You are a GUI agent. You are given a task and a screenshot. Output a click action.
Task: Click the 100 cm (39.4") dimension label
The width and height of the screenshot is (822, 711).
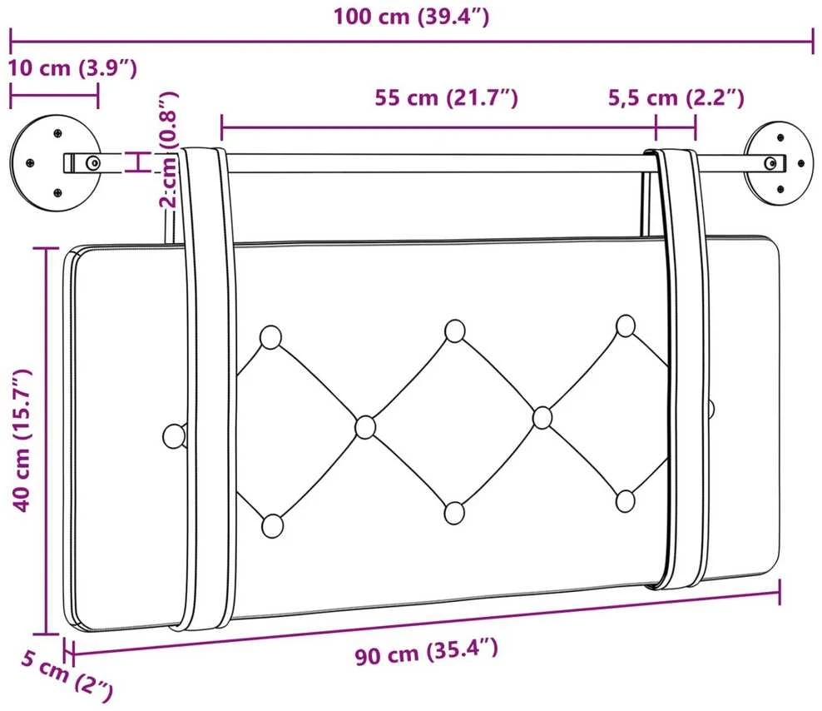pos(412,17)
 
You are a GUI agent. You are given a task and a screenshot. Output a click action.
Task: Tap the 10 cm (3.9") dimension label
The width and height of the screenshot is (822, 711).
pos(72,68)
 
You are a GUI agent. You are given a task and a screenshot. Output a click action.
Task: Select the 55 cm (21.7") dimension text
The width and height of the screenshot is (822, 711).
pos(446,97)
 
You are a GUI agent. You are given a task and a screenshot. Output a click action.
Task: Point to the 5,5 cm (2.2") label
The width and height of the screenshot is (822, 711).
pos(676,97)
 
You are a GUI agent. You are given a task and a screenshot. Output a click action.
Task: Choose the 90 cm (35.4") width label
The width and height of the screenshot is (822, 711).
pos(426,652)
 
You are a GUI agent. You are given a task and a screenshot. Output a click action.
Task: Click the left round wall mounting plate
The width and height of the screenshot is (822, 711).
pos(56,163)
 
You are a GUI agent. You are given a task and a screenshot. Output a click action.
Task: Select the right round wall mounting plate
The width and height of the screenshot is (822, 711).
pos(780,163)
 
